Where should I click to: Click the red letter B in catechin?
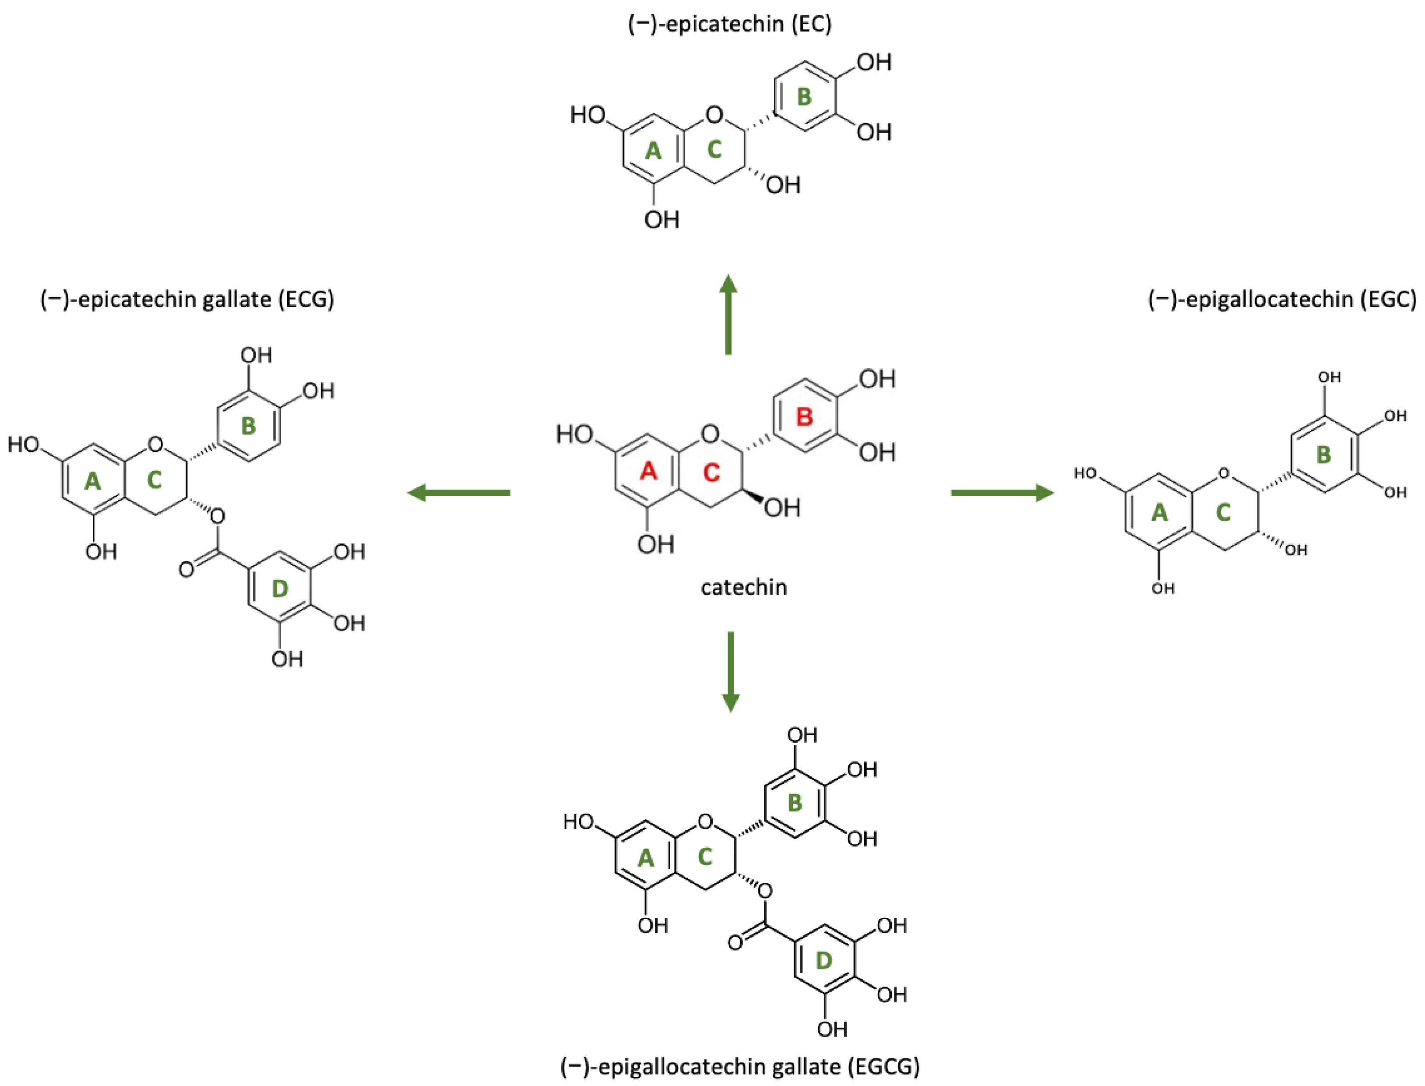click(x=804, y=417)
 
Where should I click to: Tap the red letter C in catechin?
click(x=711, y=472)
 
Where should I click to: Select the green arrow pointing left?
click(x=458, y=493)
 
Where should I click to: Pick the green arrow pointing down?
click(x=730, y=672)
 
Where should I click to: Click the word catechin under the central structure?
click(x=744, y=587)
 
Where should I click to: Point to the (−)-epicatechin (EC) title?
click(x=730, y=24)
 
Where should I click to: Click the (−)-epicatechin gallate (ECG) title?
click(x=187, y=299)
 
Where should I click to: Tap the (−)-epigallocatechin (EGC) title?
click(x=1282, y=299)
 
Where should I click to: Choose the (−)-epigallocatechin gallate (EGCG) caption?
click(x=740, y=1066)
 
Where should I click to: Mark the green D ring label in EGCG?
click(x=823, y=961)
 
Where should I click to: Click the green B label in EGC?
click(x=1323, y=455)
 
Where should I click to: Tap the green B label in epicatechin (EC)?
click(x=803, y=97)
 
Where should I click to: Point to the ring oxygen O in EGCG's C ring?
click(x=705, y=822)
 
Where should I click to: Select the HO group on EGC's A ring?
click(x=1086, y=473)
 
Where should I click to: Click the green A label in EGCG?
click(x=646, y=858)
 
